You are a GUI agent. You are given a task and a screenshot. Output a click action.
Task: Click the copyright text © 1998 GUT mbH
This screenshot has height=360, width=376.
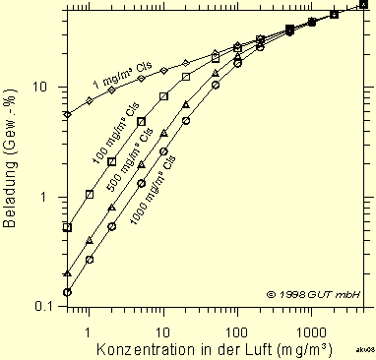pyautogui.click(x=313, y=294)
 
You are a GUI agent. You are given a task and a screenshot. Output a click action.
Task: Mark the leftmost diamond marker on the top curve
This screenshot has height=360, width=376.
pyautogui.click(x=67, y=115)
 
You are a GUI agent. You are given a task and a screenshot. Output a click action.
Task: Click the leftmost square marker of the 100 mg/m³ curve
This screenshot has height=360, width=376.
pyautogui.click(x=67, y=227)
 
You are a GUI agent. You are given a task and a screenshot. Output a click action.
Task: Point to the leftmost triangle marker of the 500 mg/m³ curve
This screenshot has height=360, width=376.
pyautogui.click(x=67, y=273)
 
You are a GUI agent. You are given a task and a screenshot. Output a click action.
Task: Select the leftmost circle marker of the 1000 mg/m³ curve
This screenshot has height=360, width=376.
pyautogui.click(x=67, y=292)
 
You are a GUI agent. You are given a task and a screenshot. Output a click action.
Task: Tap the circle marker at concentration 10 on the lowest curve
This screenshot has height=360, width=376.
pyautogui.click(x=163, y=151)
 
